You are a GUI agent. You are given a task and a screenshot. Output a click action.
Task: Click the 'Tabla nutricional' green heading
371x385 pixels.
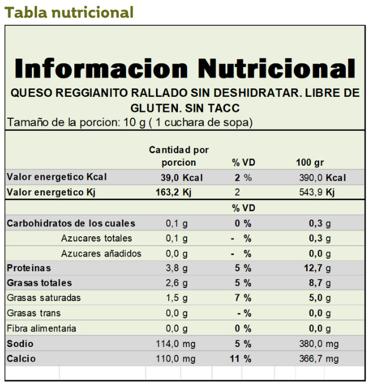(69, 12)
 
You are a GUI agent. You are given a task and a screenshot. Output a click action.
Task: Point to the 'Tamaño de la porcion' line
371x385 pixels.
(130, 122)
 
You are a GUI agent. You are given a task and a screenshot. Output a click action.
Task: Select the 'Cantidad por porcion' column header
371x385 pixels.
(178, 156)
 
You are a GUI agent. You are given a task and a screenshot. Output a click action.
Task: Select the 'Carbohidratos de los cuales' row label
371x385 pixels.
(71, 223)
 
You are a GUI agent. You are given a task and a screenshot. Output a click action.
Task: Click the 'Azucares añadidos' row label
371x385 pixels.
(101, 253)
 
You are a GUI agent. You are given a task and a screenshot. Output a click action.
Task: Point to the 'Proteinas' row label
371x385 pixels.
(29, 268)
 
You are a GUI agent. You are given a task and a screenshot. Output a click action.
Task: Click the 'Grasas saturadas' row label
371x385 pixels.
(44, 298)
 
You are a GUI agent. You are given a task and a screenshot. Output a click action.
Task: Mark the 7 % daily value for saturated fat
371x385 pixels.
(243, 298)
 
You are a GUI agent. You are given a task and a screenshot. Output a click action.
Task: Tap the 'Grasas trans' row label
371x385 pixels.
(34, 313)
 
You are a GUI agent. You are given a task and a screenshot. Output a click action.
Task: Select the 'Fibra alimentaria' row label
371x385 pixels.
(42, 329)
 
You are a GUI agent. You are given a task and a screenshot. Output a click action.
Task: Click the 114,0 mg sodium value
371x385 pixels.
(180, 344)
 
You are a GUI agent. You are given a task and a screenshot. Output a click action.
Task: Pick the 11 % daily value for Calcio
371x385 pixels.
(240, 359)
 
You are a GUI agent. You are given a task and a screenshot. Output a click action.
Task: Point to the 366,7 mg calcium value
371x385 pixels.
(319, 359)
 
